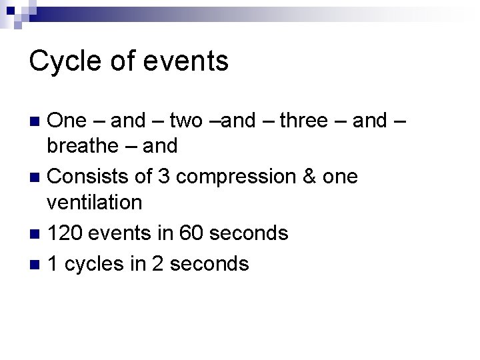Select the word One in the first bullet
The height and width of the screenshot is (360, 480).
(67, 121)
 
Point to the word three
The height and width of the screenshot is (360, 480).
(303, 121)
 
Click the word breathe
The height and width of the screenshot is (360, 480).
(87, 145)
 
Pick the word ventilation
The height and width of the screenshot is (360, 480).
(95, 201)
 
